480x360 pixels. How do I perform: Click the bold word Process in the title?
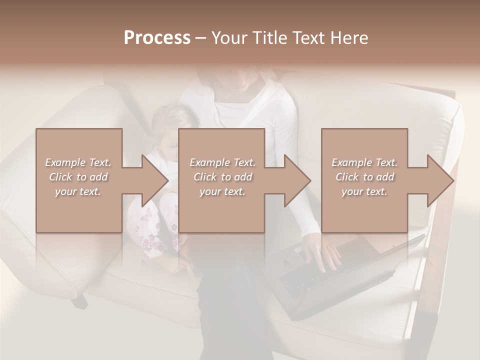tap(157, 38)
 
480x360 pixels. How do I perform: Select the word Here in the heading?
tap(349, 38)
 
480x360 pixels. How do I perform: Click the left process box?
tap(79, 210)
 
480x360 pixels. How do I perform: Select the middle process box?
tap(221, 210)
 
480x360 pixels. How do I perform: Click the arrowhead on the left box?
tap(153, 180)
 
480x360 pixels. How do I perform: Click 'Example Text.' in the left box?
tap(78, 162)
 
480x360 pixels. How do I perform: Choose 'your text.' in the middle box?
tap(222, 191)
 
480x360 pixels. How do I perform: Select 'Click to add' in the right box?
tap(364, 177)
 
